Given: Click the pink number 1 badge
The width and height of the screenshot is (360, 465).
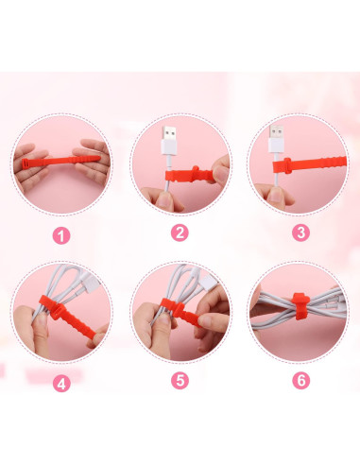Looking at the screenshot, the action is click(x=61, y=235).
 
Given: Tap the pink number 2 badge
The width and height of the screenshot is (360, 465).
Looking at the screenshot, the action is click(x=180, y=233).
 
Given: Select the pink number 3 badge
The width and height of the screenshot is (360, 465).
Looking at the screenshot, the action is click(x=300, y=232).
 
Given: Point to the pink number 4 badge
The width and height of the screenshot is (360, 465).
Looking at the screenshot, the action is click(x=61, y=384).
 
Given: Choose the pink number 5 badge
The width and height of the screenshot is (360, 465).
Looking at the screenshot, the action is click(x=180, y=380).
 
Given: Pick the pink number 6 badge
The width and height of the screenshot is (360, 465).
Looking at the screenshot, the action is click(x=301, y=380).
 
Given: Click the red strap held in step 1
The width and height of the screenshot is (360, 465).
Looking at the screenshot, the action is click(x=60, y=162).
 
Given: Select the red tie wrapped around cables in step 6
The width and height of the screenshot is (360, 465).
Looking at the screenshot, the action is click(x=300, y=305).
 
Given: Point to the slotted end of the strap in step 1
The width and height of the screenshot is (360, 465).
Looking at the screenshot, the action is click(x=26, y=164).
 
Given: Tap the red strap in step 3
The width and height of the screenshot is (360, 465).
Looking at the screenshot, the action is click(x=310, y=164).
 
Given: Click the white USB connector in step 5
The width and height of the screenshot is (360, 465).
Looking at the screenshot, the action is click(x=209, y=282).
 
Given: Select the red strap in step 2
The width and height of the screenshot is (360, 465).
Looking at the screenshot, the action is click(x=190, y=175).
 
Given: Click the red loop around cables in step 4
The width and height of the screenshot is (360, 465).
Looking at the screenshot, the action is click(x=50, y=304).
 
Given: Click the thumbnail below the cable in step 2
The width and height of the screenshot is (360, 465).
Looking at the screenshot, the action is click(x=164, y=199).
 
